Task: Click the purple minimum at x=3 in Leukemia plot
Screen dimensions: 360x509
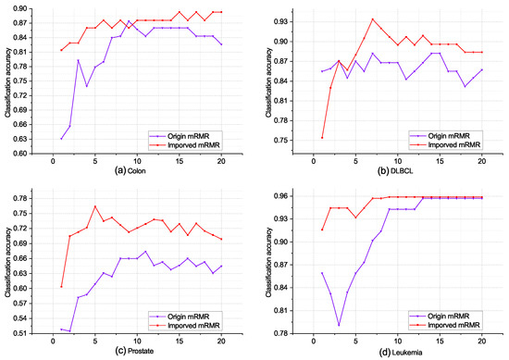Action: point(339,325)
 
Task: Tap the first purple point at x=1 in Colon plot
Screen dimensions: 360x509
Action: point(62,139)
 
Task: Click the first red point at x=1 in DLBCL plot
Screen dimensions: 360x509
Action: point(321,137)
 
